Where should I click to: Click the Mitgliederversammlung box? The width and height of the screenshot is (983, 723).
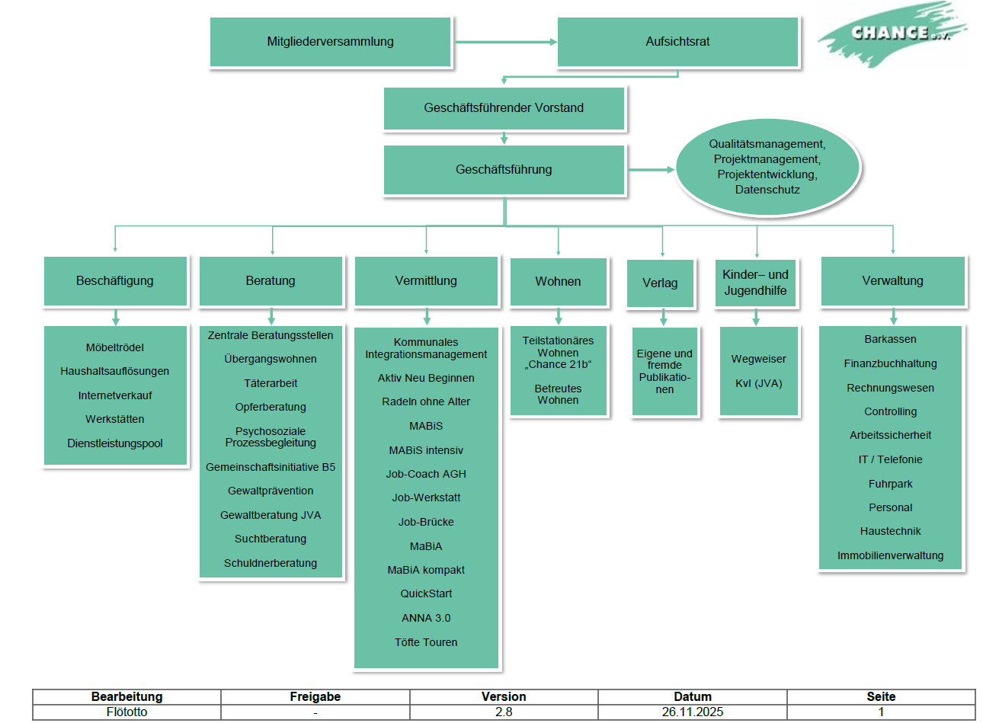[330, 42]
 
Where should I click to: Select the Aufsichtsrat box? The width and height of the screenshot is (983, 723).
[677, 42]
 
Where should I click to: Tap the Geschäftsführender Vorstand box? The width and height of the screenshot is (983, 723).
[504, 108]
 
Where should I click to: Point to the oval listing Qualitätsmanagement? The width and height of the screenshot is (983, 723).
[767, 167]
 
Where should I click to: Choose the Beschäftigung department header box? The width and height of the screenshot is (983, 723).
[115, 281]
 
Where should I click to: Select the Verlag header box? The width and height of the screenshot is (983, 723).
[660, 283]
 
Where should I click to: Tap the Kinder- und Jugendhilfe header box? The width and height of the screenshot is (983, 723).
[756, 283]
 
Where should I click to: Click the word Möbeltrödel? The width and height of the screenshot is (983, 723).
[115, 347]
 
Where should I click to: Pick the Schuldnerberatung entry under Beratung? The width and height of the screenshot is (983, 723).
[271, 563]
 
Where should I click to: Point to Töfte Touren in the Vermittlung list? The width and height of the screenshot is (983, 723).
[426, 642]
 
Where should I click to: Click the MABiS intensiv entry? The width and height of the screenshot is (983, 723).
[426, 450]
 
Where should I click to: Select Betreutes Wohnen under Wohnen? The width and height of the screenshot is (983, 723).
[558, 395]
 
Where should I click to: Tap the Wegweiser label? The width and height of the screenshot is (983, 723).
[758, 359]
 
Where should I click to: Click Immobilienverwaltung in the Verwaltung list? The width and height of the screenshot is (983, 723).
[890, 555]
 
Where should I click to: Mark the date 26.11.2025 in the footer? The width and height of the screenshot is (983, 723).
[692, 712]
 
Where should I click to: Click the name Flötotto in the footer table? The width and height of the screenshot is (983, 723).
[126, 712]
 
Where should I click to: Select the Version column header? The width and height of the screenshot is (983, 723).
[504, 696]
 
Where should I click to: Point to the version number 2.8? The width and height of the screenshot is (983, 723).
[504, 712]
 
